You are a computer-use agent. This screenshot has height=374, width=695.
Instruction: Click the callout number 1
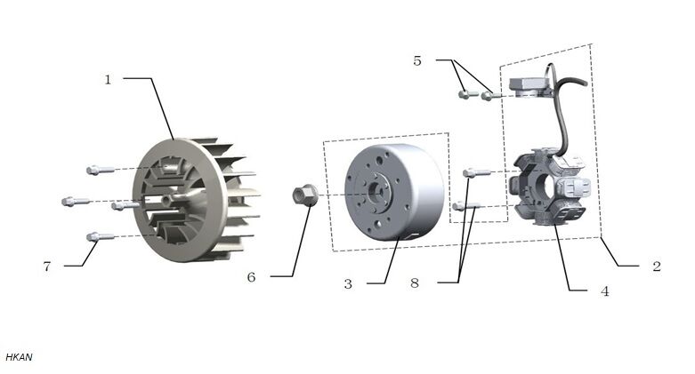[108, 79]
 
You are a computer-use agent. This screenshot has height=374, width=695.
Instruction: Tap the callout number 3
[348, 283]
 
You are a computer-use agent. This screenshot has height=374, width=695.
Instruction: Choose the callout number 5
[417, 60]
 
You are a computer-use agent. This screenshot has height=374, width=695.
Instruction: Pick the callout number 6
[251, 277]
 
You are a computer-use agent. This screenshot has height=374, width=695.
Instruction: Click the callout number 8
[414, 283]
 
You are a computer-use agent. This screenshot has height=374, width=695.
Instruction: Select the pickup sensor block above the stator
[530, 85]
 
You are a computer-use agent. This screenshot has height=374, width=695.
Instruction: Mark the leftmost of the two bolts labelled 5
[465, 93]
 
